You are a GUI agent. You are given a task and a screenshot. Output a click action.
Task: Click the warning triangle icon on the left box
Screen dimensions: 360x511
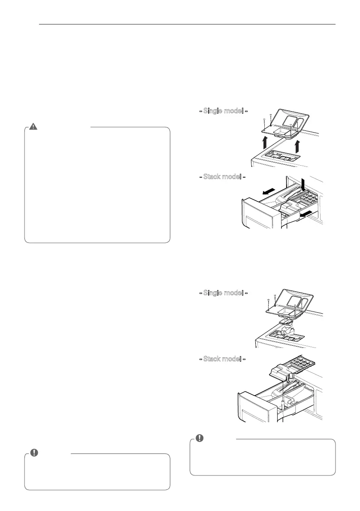pos(33,127)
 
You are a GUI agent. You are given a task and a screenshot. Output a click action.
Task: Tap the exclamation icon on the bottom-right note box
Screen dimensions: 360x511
pos(199,438)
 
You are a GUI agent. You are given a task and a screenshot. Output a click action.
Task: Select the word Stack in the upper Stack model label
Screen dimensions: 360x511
pos(213,176)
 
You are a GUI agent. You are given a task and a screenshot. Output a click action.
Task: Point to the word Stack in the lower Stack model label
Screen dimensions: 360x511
pos(213,359)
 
